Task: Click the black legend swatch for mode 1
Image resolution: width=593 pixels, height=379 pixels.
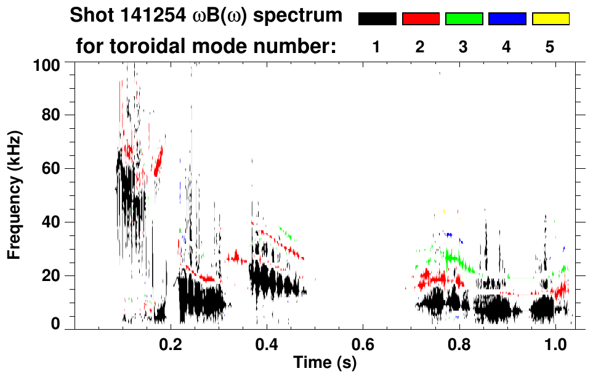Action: point(377,19)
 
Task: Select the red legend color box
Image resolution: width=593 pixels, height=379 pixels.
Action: point(421,19)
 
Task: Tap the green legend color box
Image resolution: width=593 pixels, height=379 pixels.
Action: point(464,19)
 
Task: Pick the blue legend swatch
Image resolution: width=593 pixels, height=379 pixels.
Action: point(507,19)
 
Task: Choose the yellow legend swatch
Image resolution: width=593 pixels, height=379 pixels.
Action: point(550,19)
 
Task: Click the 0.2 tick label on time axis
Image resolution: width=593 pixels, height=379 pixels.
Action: point(170,342)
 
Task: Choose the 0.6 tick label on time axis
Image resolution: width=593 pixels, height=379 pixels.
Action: point(363,342)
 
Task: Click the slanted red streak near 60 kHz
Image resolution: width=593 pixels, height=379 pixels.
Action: point(159,161)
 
